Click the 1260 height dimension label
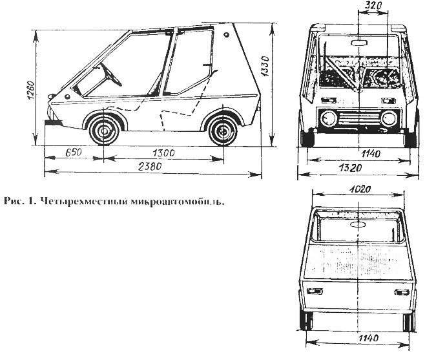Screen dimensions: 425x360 pos(30,90)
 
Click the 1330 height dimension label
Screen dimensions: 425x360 pos(265,66)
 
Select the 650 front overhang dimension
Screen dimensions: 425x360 pos(74,152)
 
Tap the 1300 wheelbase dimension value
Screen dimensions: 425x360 pos(163,153)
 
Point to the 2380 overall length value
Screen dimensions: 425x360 pos(150,166)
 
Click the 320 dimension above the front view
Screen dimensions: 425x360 pos(373,5)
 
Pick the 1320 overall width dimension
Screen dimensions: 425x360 pos(351,168)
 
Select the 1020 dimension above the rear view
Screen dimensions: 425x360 pos(360,189)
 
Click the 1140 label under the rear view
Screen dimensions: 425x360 pos(368,338)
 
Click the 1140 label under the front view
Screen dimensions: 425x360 pos(371,154)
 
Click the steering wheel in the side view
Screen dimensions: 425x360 pos(110,74)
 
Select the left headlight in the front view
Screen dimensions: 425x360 pos(329,119)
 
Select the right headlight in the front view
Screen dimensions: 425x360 pos(389,119)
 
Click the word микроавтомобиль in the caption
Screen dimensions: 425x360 pos(178,201)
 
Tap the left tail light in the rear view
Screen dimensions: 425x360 pos(315,291)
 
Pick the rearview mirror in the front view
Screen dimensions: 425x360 pos(359,43)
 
